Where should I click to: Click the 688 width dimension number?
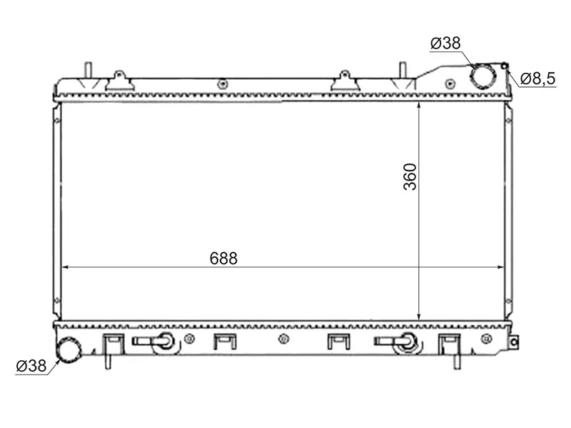(x=223, y=258)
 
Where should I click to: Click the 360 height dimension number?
(x=410, y=177)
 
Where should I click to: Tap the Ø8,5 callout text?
(x=537, y=78)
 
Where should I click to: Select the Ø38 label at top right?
(x=445, y=43)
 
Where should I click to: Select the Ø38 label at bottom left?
(x=31, y=366)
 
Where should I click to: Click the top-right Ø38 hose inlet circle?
(x=483, y=76)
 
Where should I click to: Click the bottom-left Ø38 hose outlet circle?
(x=69, y=350)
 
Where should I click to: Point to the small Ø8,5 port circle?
(x=505, y=66)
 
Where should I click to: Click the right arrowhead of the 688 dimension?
(x=500, y=267)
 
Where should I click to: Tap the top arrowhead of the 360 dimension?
(x=419, y=105)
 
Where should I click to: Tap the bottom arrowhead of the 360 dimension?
(x=419, y=317)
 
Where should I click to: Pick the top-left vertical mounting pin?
(x=88, y=70)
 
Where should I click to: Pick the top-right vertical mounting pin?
(x=403, y=70)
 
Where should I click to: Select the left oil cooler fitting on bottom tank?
(x=156, y=342)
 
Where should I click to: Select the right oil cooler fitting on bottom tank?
(x=398, y=342)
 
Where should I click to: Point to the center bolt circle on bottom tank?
(x=283, y=340)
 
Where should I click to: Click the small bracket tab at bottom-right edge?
(x=513, y=342)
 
